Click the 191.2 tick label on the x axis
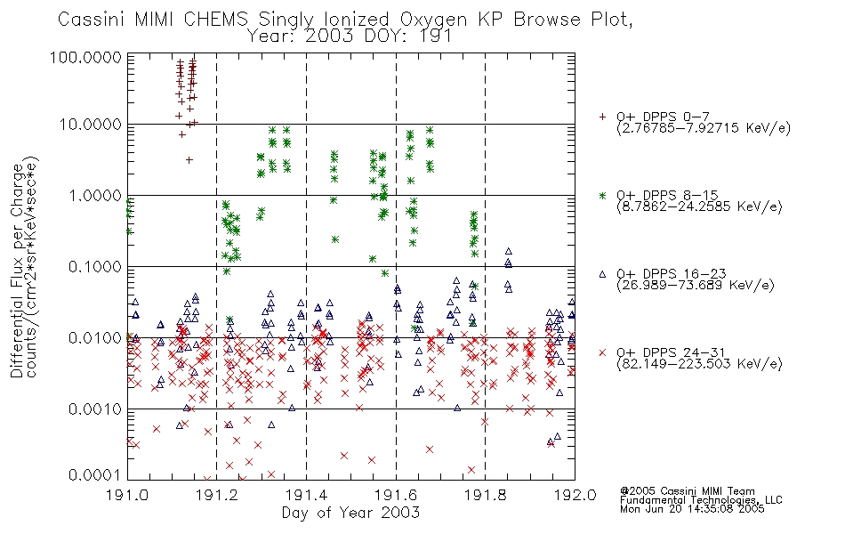[x=217, y=495]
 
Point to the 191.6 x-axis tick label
[x=396, y=495]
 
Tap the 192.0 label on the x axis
[x=575, y=495]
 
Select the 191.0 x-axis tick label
[x=128, y=495]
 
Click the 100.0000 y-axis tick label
[x=86, y=57]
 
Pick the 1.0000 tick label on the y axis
[x=95, y=195]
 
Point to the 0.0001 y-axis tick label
[x=95, y=475]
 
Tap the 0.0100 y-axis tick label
[x=95, y=338]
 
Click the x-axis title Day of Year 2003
[x=350, y=513]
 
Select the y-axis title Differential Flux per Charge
[x=18, y=271]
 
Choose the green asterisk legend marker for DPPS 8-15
[x=602, y=195]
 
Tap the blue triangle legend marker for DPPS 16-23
[x=602, y=274]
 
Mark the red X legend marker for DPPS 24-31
[x=602, y=352]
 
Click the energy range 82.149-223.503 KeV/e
[x=699, y=363]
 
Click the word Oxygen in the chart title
[x=434, y=20]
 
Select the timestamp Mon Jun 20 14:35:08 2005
[x=692, y=509]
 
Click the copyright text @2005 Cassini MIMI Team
[x=688, y=491]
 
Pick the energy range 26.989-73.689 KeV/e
[x=696, y=285]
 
